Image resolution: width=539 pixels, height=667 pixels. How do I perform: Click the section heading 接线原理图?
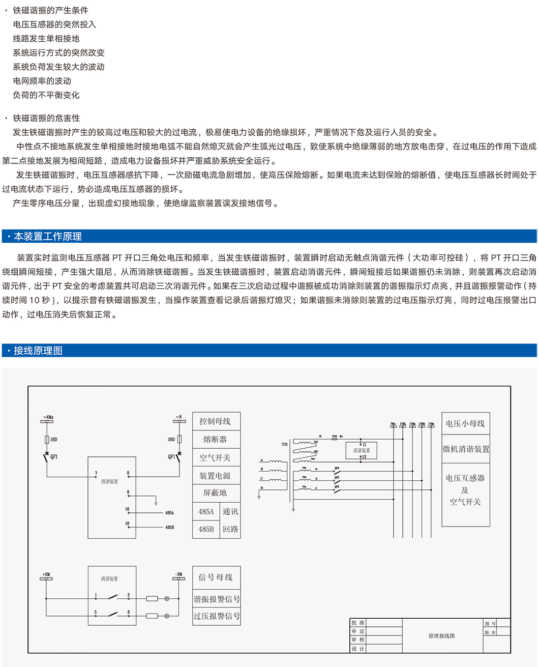(38, 351)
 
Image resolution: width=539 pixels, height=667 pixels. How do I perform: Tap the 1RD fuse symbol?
(47, 439)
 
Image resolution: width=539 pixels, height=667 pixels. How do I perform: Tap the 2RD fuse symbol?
(179, 439)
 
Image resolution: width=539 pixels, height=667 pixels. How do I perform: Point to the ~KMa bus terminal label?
(48, 417)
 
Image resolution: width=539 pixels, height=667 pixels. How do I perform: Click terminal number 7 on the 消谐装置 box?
(96, 473)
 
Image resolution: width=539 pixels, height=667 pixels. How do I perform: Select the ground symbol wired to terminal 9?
(156, 503)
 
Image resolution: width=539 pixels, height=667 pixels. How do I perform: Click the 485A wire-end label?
(169, 513)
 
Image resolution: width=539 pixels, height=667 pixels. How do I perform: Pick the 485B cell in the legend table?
(205, 529)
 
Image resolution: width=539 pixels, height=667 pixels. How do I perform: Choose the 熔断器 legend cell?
(216, 440)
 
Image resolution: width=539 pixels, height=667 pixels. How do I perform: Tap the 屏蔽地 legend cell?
(216, 492)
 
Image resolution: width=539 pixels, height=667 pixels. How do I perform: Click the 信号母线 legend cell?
(216, 577)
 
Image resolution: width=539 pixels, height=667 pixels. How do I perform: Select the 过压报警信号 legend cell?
(216, 616)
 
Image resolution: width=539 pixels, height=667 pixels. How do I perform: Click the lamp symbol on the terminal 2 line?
(167, 599)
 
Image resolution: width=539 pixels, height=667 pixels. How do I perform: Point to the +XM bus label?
(46, 574)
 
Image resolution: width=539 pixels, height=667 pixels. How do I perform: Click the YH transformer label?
(284, 444)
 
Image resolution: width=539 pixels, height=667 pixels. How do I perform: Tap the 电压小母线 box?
(465, 423)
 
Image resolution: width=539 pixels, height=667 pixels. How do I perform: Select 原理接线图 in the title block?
(441, 636)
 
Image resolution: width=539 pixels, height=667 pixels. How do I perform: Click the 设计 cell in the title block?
(358, 649)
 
